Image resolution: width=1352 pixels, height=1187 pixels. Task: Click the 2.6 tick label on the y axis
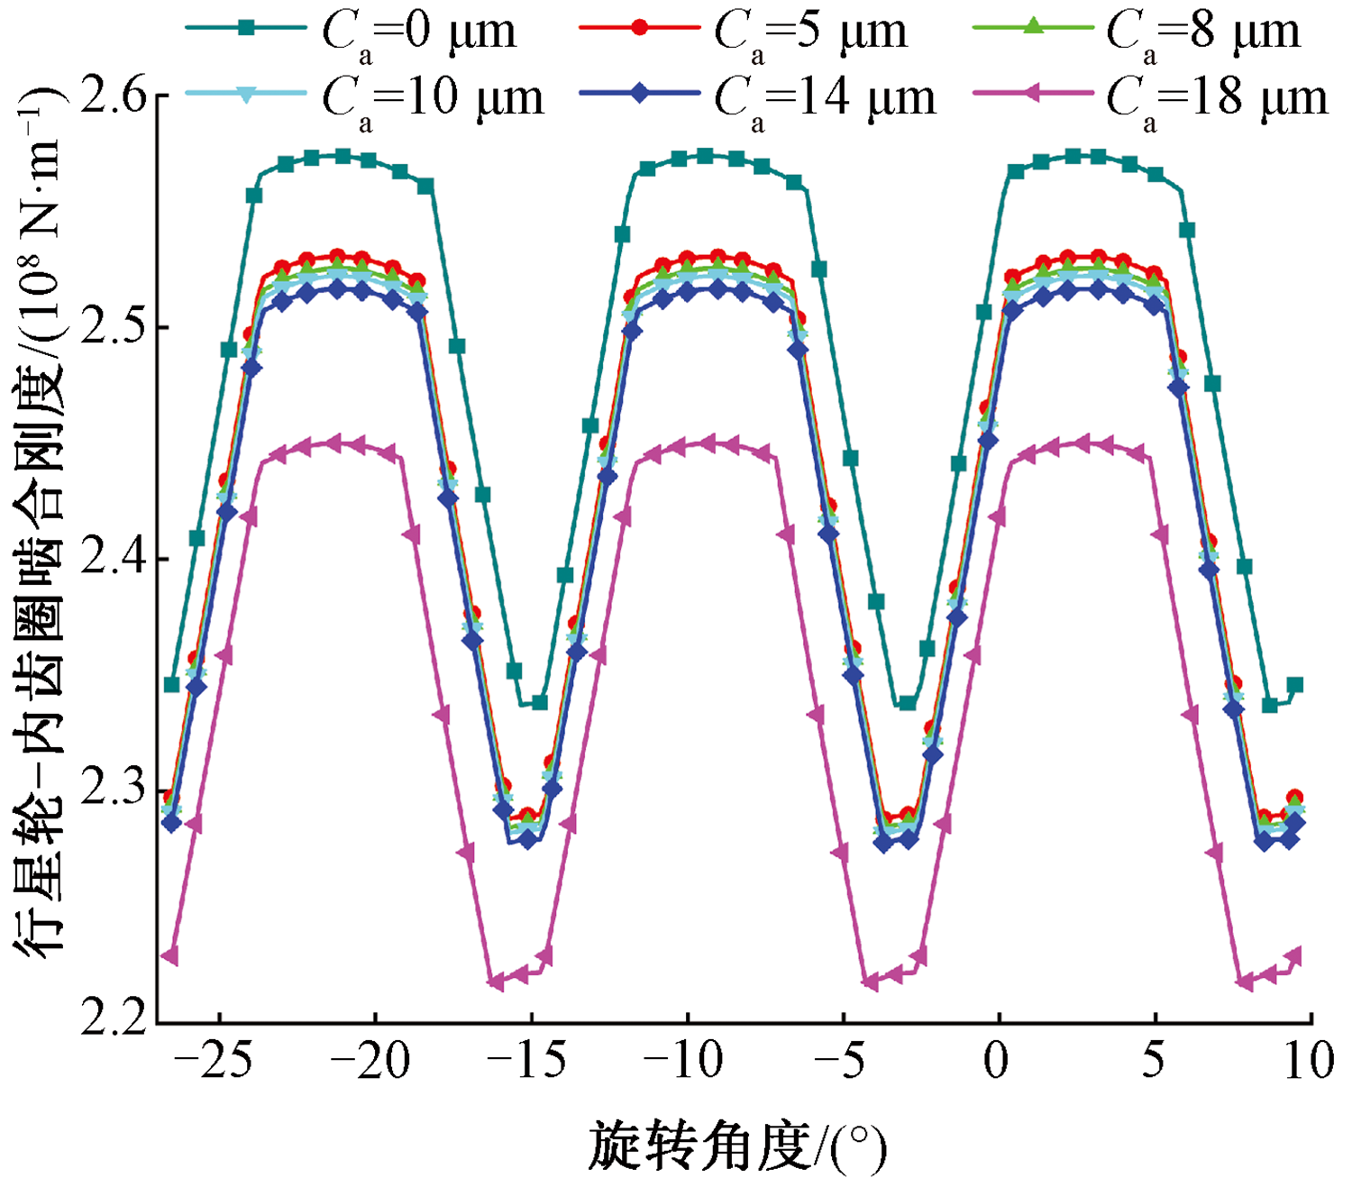(x=114, y=96)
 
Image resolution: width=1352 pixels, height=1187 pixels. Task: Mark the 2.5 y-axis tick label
(x=114, y=327)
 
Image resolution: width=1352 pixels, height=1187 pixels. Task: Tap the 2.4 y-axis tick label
(x=114, y=559)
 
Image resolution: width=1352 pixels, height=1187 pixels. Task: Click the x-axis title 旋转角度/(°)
(x=737, y=1147)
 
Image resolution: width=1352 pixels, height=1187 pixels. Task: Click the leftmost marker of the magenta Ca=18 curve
(x=169, y=956)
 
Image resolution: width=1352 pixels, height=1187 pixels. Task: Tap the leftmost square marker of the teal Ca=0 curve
(x=171, y=685)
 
